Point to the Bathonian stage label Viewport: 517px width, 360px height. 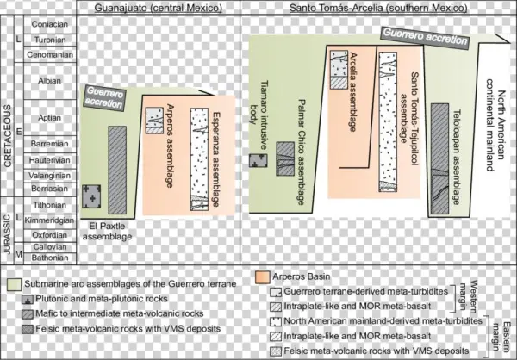tap(49, 257)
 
